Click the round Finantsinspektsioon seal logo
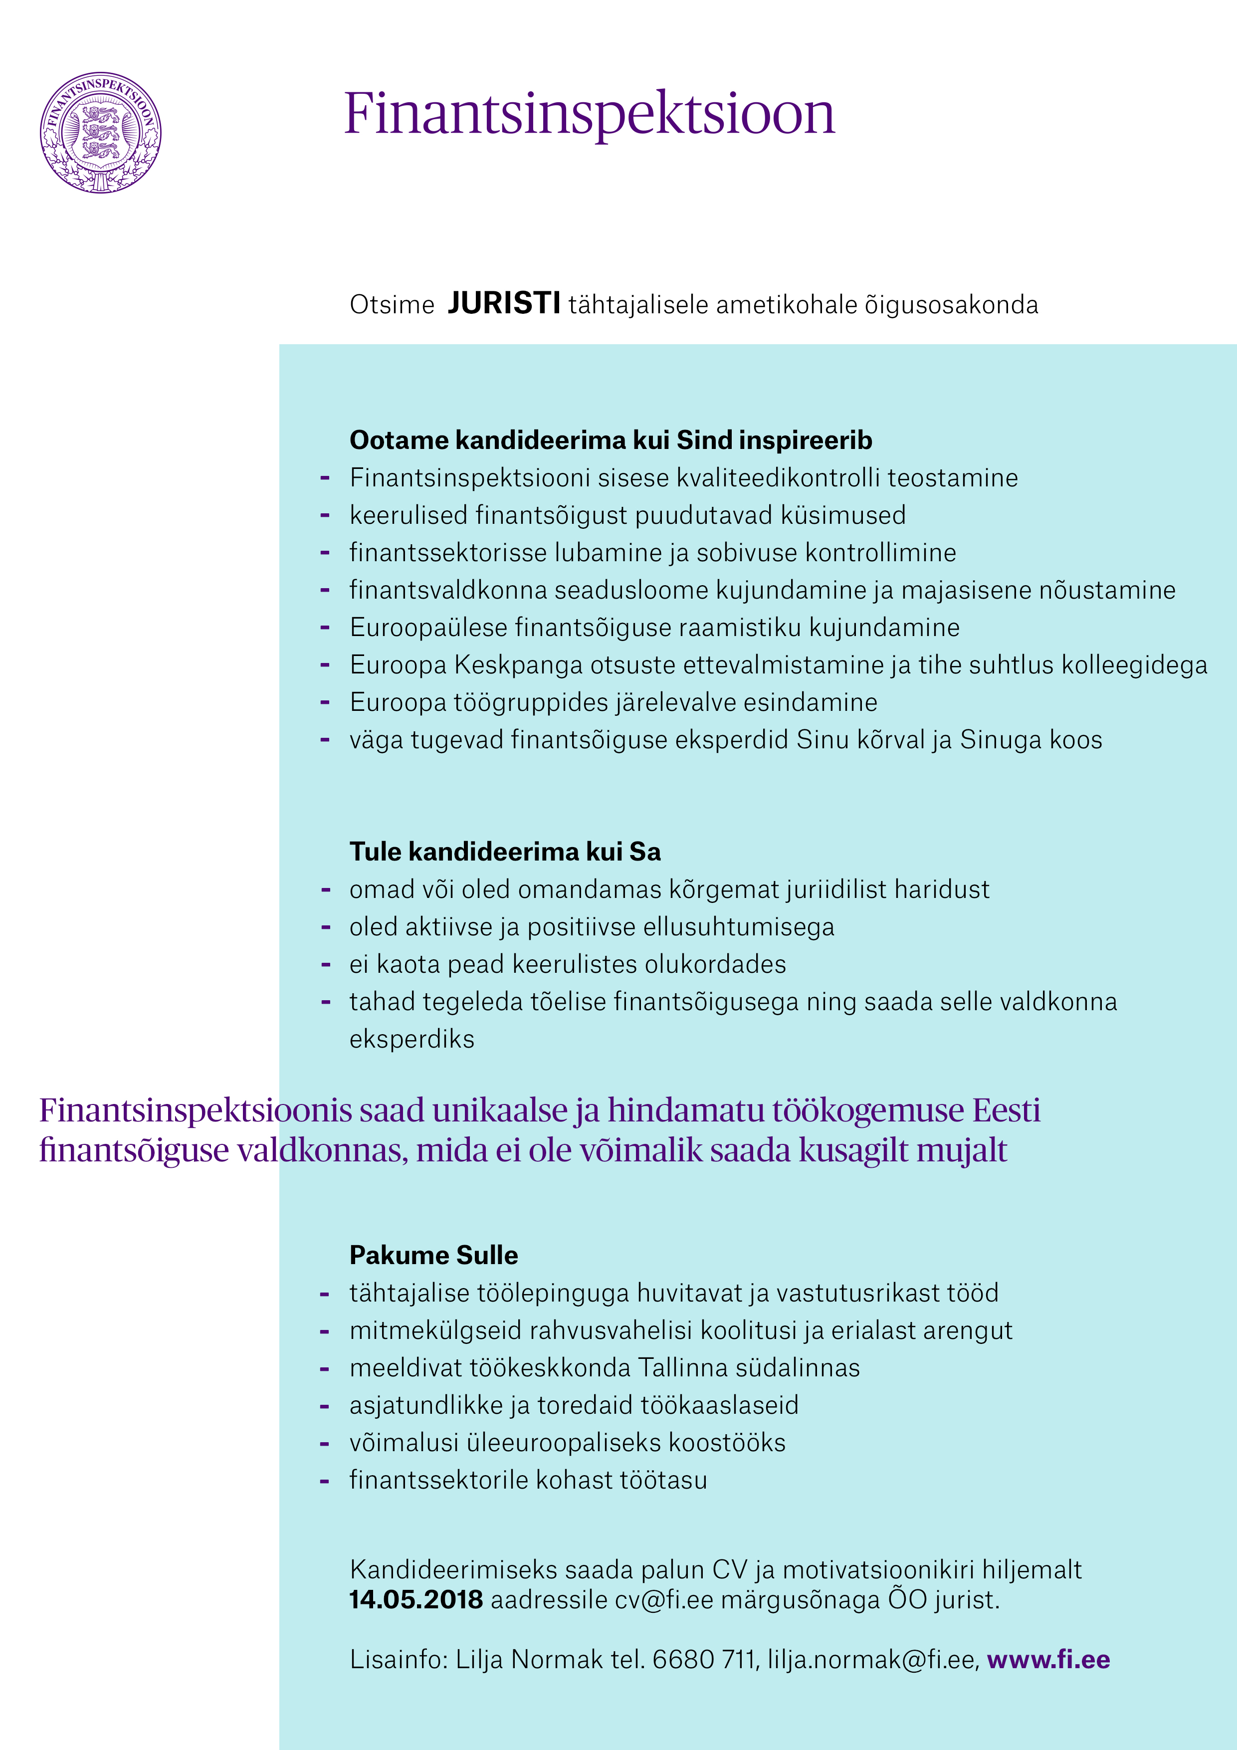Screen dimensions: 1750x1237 pos(101,133)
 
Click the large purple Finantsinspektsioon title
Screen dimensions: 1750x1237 pos(589,114)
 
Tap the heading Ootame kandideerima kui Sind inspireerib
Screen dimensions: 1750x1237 pos(611,440)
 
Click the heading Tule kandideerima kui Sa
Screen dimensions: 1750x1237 pos(505,852)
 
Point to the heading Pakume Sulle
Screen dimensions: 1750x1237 pos(433,1255)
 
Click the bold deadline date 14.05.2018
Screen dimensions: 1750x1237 pos(415,1599)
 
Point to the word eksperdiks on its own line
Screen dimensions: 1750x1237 pos(412,1039)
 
